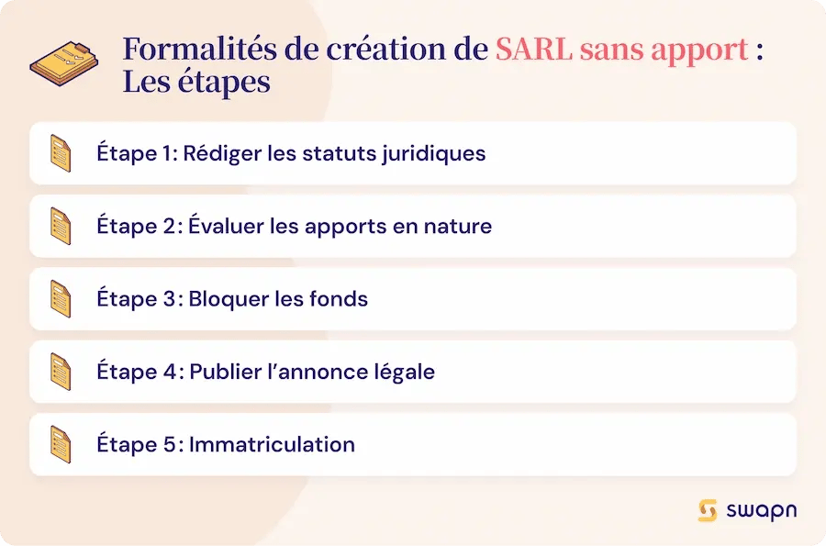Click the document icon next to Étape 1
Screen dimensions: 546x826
pyautogui.click(x=61, y=153)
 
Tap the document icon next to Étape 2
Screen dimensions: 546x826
pyautogui.click(x=61, y=226)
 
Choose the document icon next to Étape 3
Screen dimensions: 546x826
pyautogui.click(x=61, y=298)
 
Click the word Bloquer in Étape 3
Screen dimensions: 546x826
pyautogui.click(x=224, y=298)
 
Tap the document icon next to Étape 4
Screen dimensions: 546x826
pyautogui.click(x=61, y=372)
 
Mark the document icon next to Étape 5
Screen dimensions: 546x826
pyautogui.click(x=61, y=444)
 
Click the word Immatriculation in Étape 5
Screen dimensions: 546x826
pyautogui.click(x=272, y=444)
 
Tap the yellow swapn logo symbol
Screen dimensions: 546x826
pyautogui.click(x=708, y=511)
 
